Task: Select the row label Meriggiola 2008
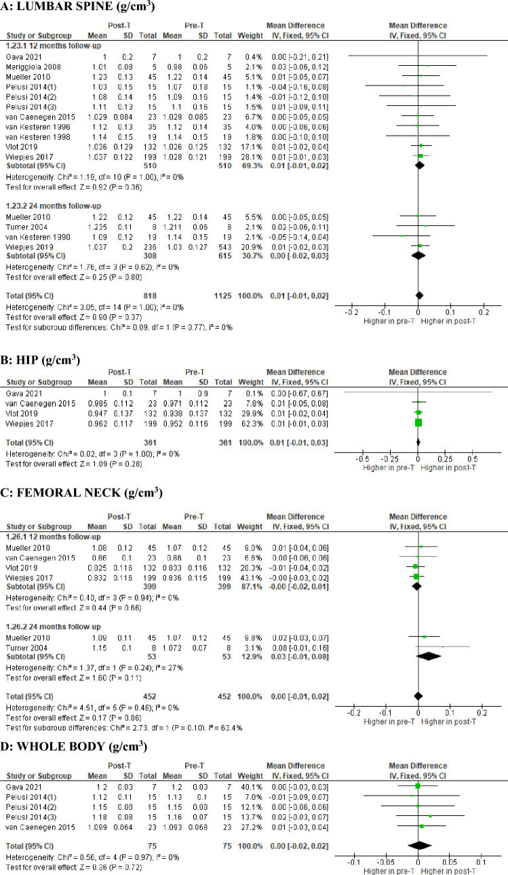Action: [x=33, y=66]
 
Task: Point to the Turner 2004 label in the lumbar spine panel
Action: [x=26, y=227]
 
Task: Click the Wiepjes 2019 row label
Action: [x=30, y=247]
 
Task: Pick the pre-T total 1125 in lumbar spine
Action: [x=222, y=296]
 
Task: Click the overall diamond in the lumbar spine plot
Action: [x=419, y=296]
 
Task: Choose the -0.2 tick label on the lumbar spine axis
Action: [x=351, y=312]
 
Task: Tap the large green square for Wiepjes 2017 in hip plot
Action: [x=418, y=423]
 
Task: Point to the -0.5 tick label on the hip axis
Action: [x=362, y=459]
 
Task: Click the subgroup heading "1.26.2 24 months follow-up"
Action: [x=53, y=627]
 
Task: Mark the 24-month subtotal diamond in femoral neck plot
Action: [x=429, y=657]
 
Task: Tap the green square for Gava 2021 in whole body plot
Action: [x=418, y=786]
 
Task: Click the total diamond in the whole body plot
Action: [x=419, y=846]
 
